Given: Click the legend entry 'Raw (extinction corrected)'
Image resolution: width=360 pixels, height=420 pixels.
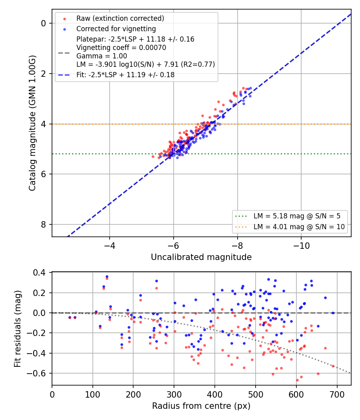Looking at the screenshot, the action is click(x=120, y=18).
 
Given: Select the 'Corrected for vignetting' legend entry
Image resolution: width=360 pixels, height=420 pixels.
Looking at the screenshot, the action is click(x=116, y=29).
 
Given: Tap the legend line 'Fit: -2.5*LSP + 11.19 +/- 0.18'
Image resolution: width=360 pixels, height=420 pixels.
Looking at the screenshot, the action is click(x=125, y=75).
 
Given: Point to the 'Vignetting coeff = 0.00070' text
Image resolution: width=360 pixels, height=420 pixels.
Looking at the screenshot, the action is click(x=121, y=48).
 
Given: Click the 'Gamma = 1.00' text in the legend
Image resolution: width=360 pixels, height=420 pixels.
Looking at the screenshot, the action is click(x=102, y=56).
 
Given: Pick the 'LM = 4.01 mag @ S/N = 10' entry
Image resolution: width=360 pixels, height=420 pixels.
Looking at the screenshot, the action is click(x=299, y=227).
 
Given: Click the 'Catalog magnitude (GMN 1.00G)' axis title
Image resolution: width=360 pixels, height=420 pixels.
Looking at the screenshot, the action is click(x=32, y=123).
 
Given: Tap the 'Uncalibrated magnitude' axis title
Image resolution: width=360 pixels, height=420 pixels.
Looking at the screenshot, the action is click(x=201, y=257).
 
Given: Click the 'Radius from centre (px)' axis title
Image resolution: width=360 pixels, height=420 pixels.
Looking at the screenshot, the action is click(x=201, y=406).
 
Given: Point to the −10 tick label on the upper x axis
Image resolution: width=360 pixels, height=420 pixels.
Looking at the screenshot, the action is click(x=301, y=246).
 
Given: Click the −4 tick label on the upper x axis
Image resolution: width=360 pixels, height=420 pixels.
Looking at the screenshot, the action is click(x=110, y=246).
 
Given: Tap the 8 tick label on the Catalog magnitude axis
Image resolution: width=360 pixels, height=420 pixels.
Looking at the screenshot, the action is click(x=44, y=224).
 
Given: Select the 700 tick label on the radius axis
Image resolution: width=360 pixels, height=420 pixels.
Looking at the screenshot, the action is click(x=337, y=394).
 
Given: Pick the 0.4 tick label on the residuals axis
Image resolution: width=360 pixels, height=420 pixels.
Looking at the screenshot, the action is click(x=40, y=273).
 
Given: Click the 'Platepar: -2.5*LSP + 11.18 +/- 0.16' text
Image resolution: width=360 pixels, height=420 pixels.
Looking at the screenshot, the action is click(x=135, y=39).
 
